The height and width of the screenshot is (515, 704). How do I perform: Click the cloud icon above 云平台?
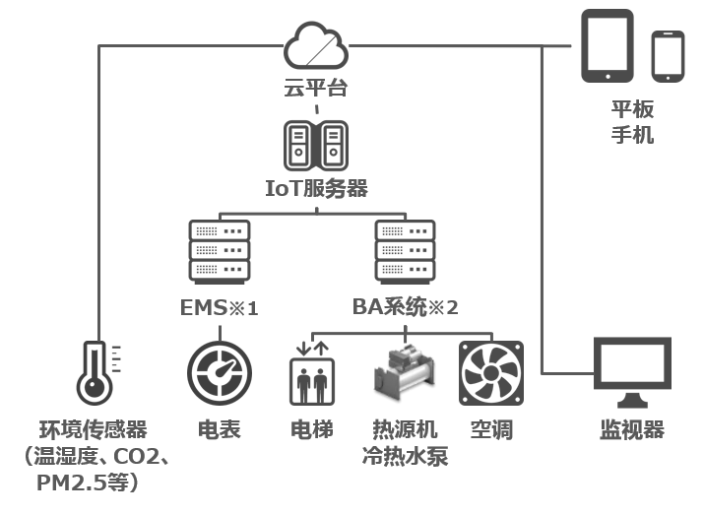(315, 45)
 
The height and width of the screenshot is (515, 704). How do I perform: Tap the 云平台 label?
(315, 89)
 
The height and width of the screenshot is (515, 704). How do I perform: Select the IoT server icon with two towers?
(315, 146)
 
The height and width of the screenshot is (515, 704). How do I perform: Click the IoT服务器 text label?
(316, 187)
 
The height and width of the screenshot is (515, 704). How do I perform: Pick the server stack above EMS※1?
(219, 251)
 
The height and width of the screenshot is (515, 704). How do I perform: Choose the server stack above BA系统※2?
(406, 251)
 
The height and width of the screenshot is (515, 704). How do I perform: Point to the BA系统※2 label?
(406, 308)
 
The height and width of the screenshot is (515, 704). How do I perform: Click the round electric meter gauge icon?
(219, 376)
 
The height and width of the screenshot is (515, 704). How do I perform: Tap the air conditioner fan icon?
(490, 375)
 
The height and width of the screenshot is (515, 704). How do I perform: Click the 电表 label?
(219, 430)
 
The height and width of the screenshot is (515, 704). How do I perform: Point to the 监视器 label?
(632, 430)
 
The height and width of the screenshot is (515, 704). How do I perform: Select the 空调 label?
(490, 430)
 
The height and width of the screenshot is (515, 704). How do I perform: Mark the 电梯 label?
(312, 430)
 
